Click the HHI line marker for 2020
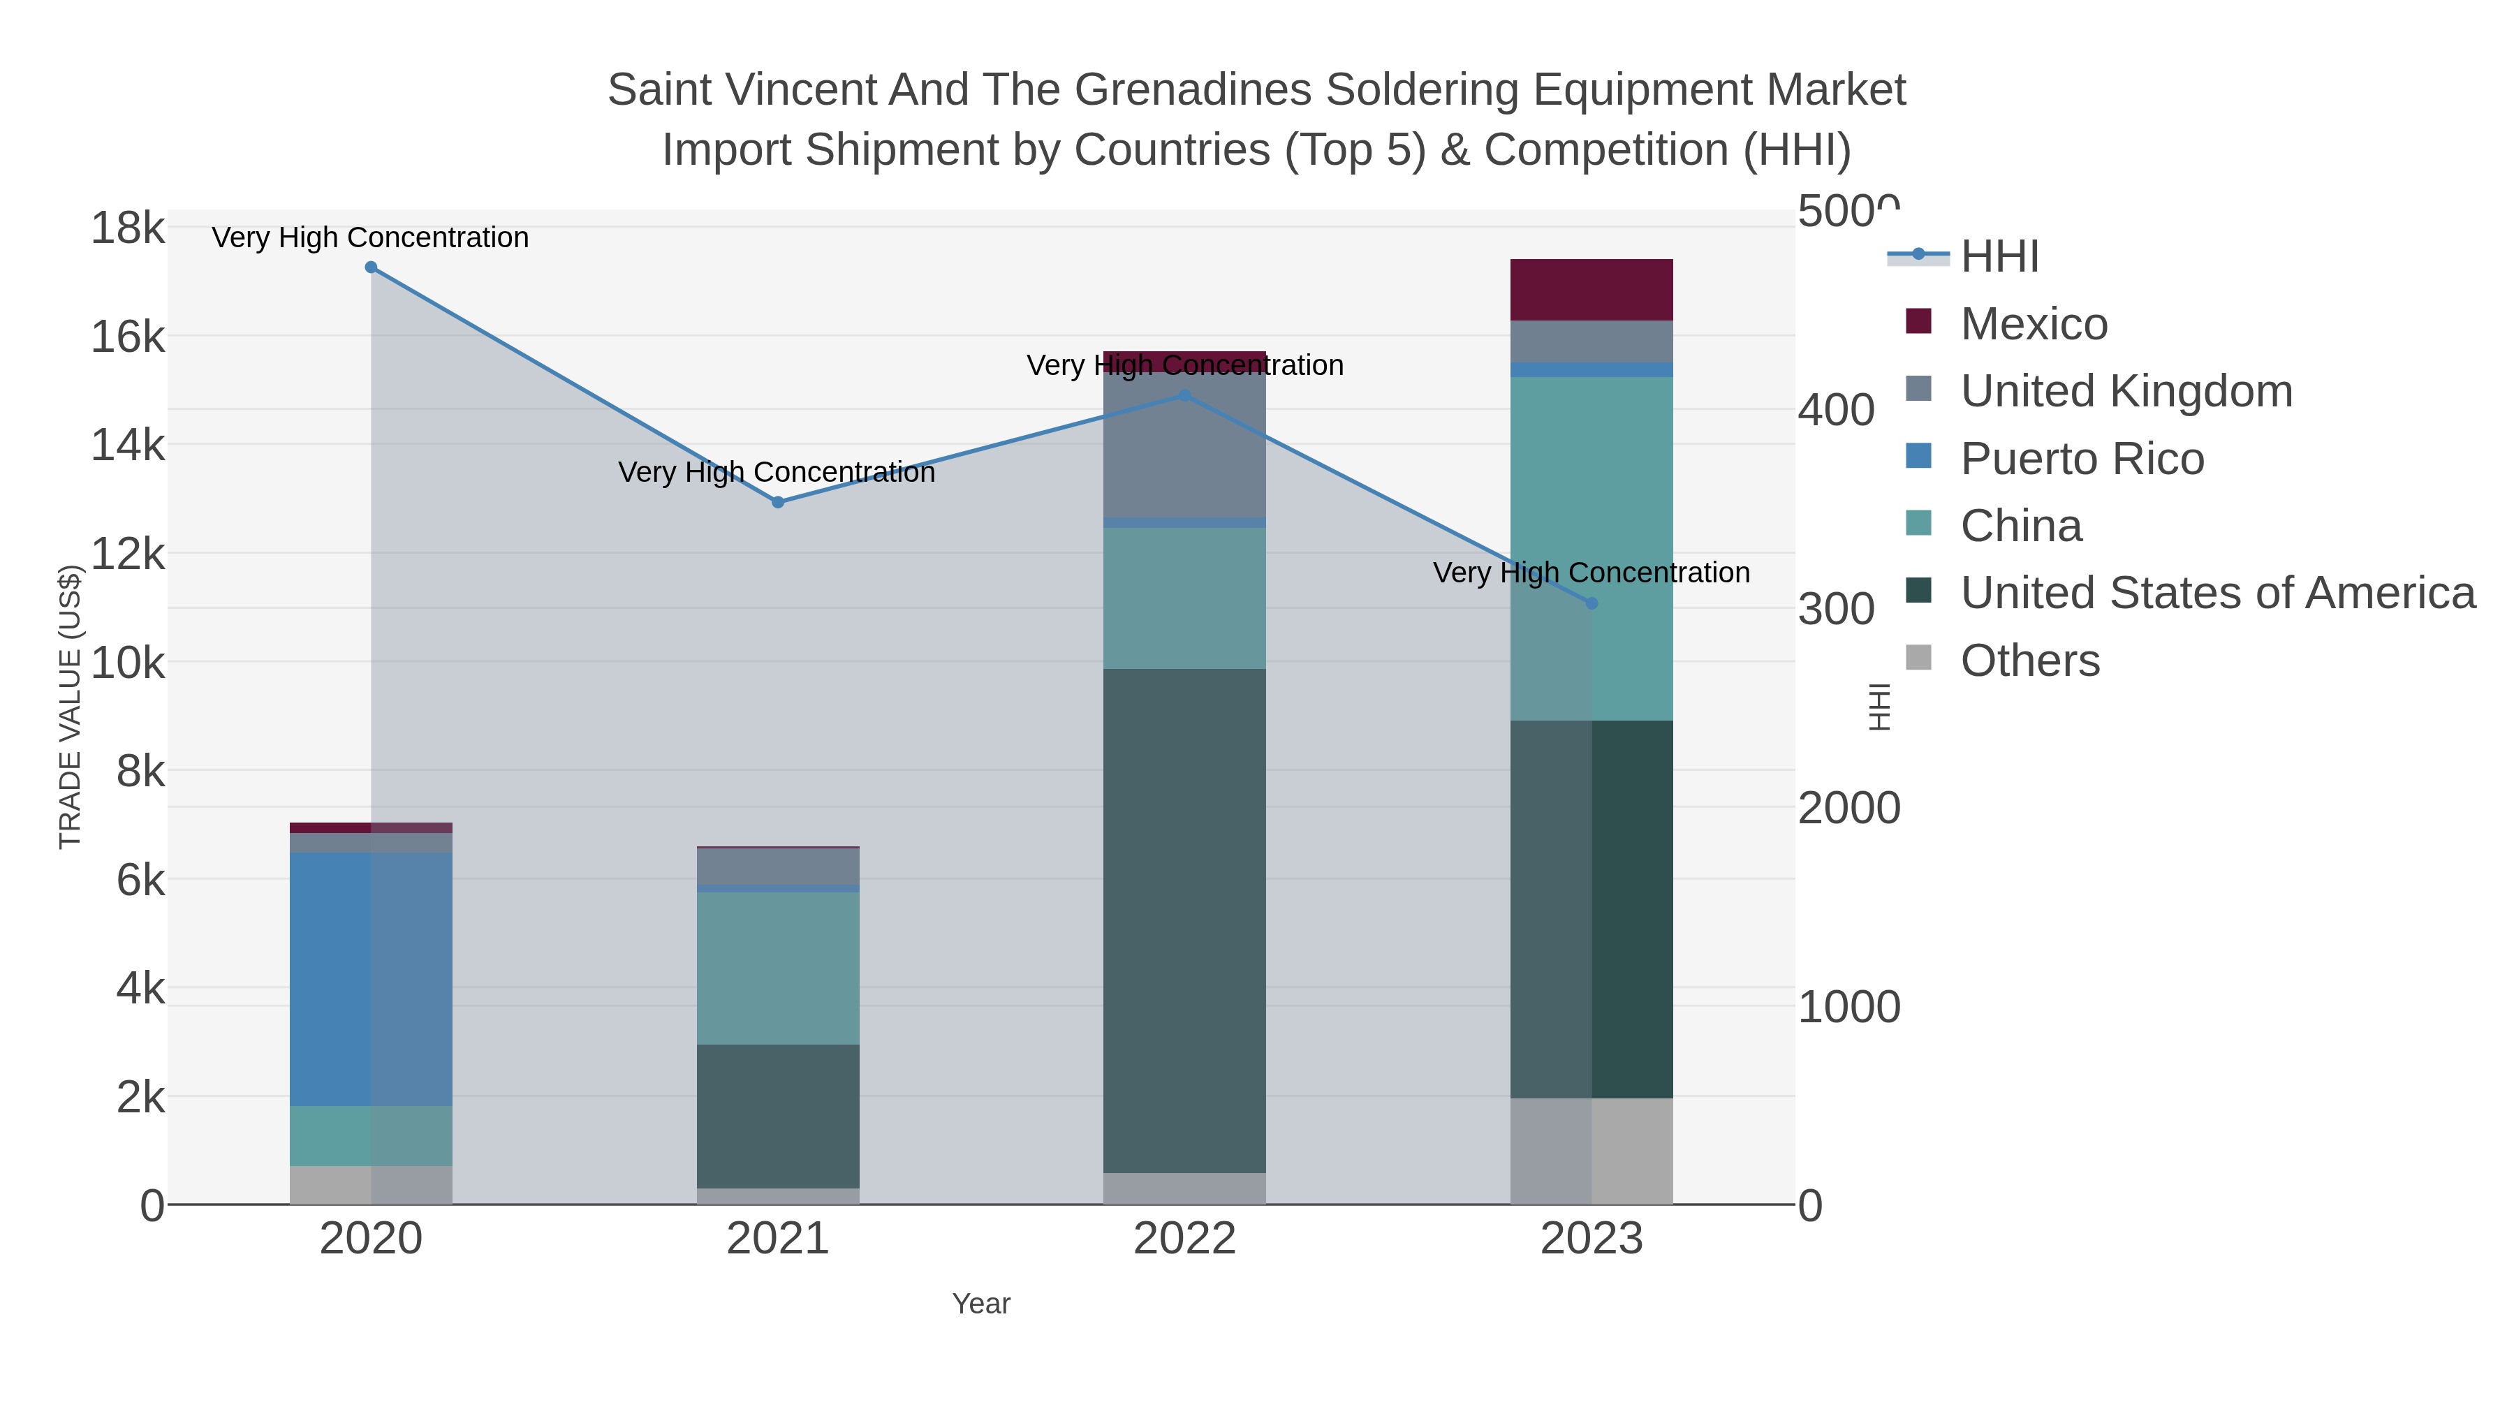(371, 267)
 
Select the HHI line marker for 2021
(778, 503)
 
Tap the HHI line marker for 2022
(1185, 396)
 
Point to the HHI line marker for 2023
(1592, 604)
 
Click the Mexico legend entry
(2033, 324)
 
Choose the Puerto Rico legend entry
(2082, 459)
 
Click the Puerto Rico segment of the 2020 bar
(371, 979)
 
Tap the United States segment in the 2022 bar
(1185, 920)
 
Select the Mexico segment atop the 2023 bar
(1592, 290)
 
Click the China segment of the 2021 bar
(778, 968)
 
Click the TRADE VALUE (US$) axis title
(71, 707)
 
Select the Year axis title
(981, 1304)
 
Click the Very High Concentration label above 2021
(777, 472)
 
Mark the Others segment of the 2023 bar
(1592, 1151)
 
